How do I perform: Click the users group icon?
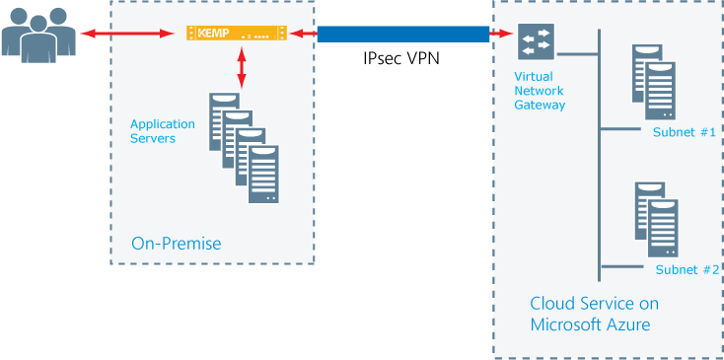tap(38, 35)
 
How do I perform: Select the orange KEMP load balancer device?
tap(237, 34)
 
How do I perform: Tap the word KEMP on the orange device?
tap(212, 34)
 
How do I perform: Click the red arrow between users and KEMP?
tap(133, 35)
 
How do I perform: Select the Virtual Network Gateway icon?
tap(536, 42)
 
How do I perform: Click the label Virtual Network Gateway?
tap(540, 91)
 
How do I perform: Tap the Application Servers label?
tap(163, 131)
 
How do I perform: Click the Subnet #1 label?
tap(684, 132)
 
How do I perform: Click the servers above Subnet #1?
tap(653, 81)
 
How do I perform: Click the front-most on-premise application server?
tap(263, 176)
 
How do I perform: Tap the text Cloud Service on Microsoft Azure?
tap(594, 314)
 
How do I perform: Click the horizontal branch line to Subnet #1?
tap(621, 127)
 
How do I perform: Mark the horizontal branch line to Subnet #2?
tap(621, 265)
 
